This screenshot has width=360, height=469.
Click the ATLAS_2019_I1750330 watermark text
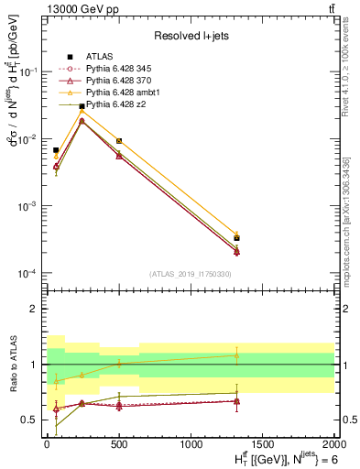(189, 273)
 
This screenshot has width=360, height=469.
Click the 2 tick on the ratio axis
(37, 309)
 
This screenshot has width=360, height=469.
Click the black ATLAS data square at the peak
(82, 106)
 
